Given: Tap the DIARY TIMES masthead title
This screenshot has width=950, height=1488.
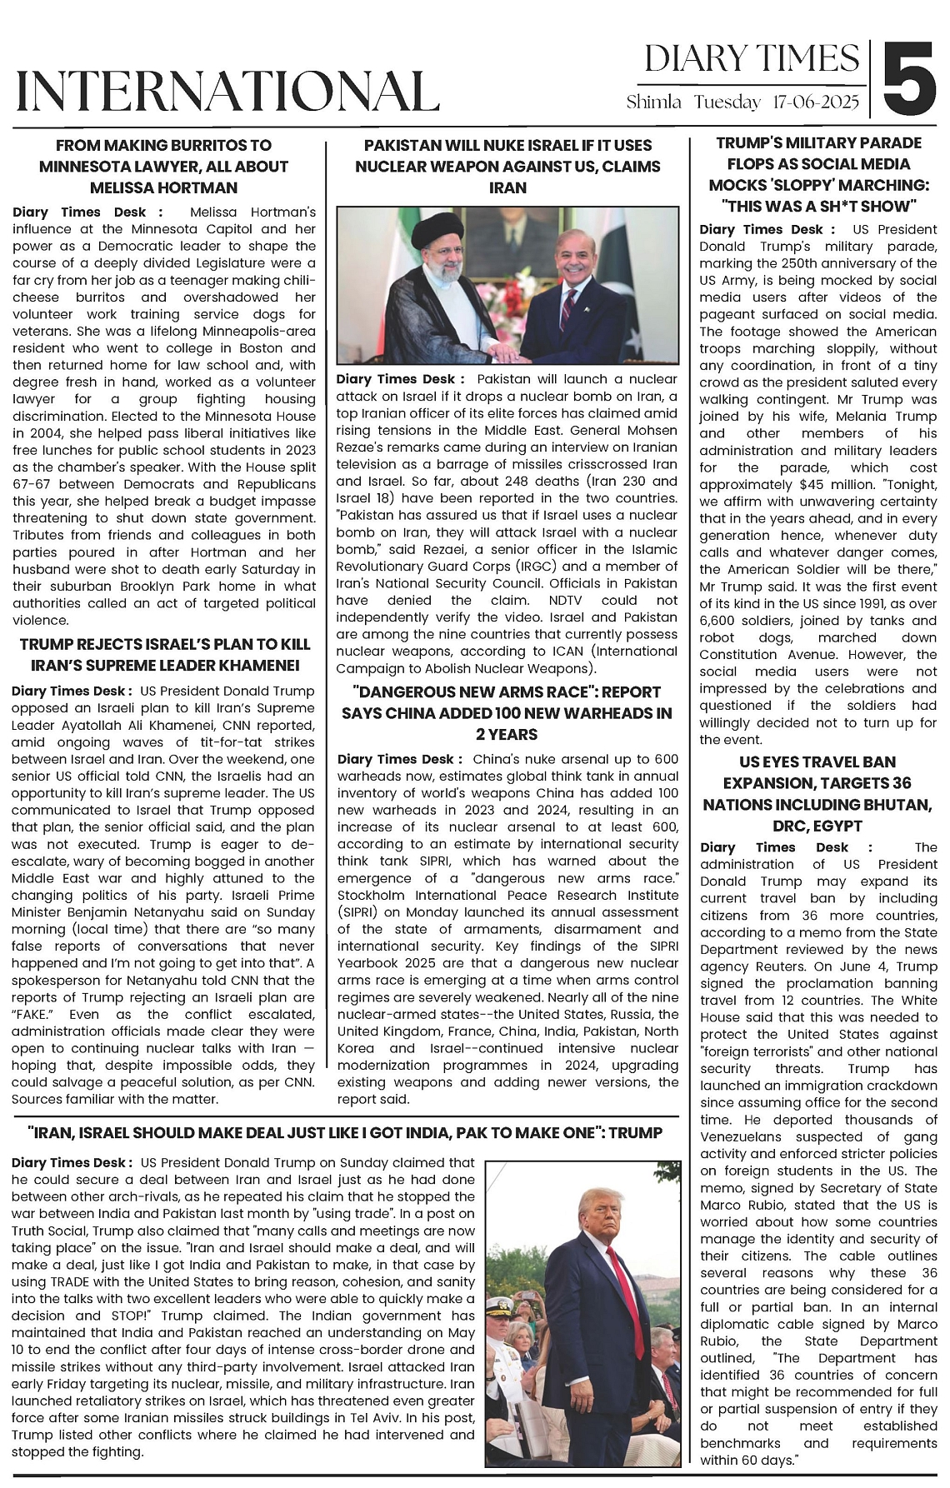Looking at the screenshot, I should pos(752,58).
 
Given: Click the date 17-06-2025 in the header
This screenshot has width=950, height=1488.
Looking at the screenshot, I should pos(816,102).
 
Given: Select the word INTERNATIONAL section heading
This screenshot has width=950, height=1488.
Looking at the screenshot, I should pos(227,91).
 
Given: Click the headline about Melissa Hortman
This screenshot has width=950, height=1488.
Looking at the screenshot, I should pos(163,167).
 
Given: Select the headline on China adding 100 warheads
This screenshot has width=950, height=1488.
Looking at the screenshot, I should pos(507,713).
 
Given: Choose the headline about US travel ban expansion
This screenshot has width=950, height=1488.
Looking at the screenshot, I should pos(817,794).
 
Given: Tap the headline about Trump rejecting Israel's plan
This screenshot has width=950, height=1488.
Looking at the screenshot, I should pos(165,655).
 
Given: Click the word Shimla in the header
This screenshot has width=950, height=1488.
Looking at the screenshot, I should pos(654,102).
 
